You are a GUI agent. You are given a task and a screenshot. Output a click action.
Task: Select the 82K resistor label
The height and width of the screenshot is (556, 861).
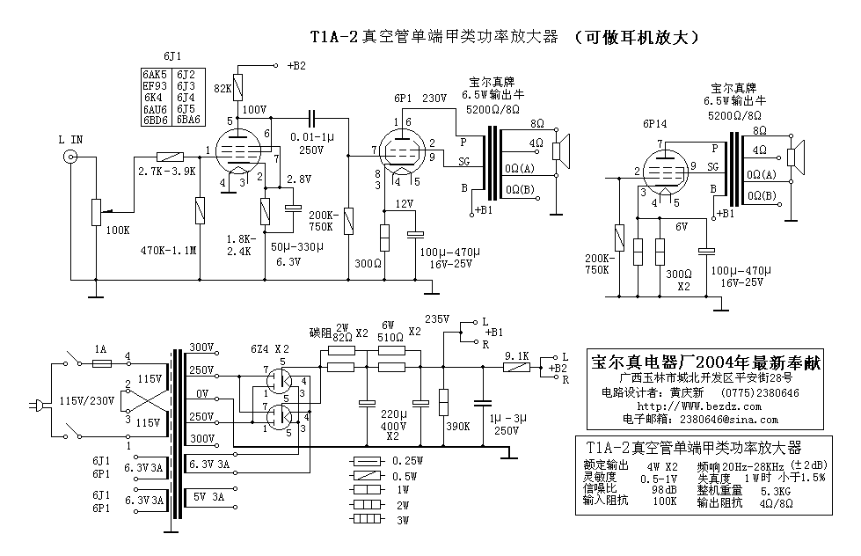(x=223, y=88)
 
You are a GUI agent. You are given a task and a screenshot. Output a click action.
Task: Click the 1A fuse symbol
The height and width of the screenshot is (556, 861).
(x=102, y=362)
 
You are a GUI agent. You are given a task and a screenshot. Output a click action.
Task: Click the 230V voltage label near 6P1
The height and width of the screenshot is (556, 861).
(x=434, y=99)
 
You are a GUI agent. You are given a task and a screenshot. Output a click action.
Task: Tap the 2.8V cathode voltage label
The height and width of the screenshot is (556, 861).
(x=299, y=179)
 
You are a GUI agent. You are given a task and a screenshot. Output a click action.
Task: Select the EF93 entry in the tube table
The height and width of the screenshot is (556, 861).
(x=155, y=85)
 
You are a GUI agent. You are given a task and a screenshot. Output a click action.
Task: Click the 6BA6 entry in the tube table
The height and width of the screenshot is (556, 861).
(x=188, y=120)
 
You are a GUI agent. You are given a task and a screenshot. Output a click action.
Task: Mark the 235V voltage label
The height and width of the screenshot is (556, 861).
(x=437, y=318)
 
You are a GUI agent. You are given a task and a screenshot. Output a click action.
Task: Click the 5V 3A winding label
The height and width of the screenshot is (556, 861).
(x=209, y=498)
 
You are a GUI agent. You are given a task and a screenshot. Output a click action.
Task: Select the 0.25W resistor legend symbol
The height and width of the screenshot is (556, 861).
(x=365, y=461)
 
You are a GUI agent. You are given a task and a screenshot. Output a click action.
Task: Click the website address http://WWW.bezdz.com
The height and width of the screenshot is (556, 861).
(x=691, y=406)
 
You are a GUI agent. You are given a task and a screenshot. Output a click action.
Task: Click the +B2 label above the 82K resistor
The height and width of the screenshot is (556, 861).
(x=296, y=65)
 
